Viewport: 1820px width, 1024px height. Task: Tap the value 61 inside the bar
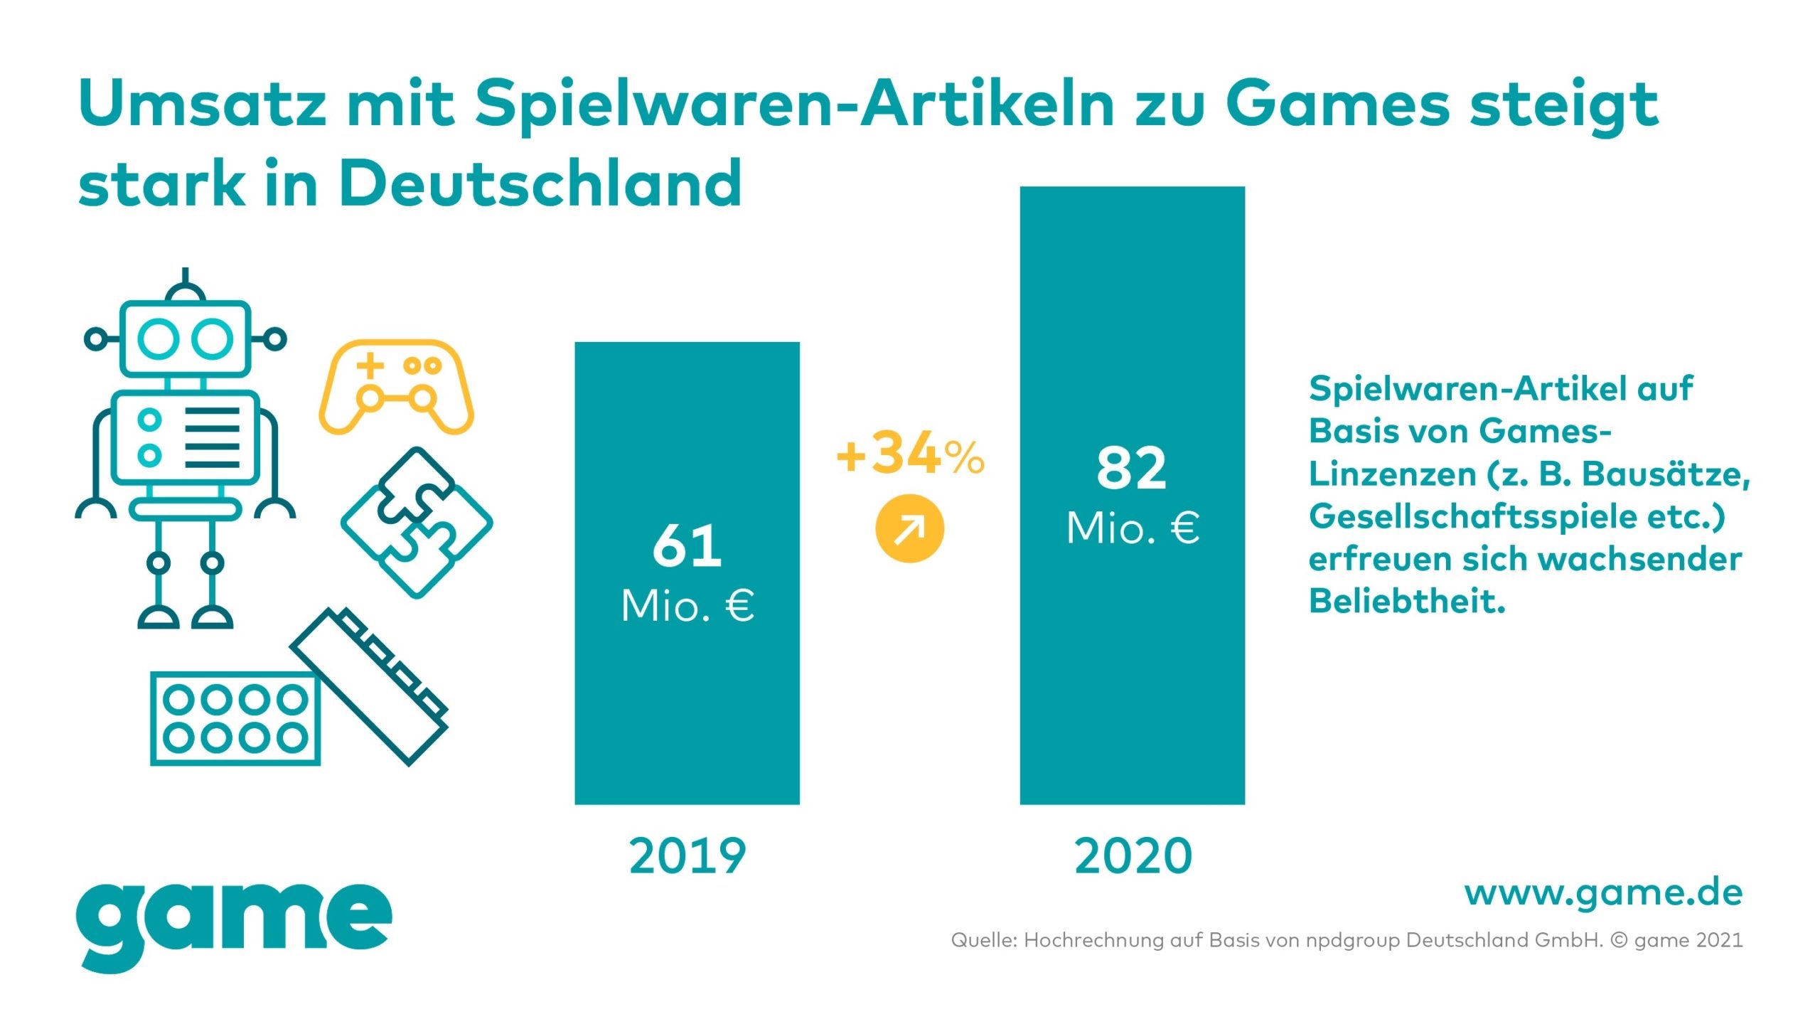(687, 546)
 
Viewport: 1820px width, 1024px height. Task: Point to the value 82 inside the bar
(1132, 469)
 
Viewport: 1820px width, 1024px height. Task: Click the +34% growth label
(910, 455)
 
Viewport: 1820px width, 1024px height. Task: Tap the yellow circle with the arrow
(910, 529)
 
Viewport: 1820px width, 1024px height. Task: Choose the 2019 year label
(687, 856)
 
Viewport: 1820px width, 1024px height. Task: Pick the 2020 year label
(1133, 856)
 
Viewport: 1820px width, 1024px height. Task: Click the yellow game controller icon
(396, 388)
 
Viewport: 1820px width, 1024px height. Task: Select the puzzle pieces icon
(417, 523)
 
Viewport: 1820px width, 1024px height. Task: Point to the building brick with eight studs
(235, 718)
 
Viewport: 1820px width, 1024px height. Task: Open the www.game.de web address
(1603, 893)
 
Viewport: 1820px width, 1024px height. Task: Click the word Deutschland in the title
(540, 183)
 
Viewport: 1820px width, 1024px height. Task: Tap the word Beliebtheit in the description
(1407, 602)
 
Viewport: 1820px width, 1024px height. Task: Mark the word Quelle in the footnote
(984, 940)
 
